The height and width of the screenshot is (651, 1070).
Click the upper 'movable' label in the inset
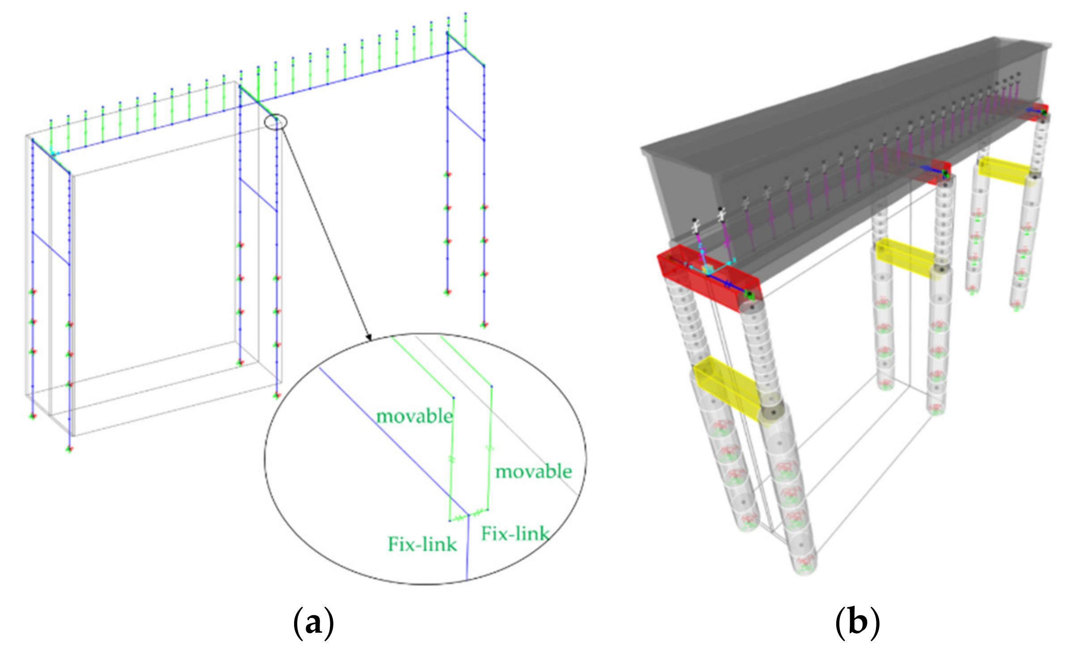[x=414, y=416]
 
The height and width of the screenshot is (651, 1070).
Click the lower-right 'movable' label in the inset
[x=534, y=472]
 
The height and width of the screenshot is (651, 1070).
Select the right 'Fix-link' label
[x=515, y=533]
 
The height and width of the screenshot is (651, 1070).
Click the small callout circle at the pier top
[x=276, y=122]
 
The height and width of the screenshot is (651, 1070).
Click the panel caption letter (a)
[x=313, y=623]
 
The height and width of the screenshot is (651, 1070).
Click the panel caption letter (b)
[x=857, y=623]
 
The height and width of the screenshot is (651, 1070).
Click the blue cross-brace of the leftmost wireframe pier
[x=51, y=248]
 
